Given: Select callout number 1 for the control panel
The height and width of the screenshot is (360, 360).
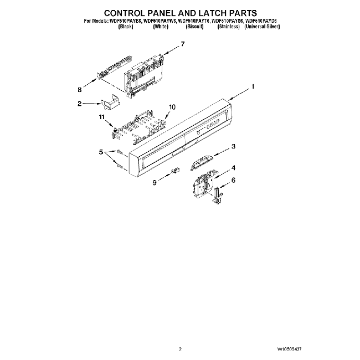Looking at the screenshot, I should pos(253,86).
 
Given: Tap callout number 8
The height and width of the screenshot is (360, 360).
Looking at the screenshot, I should pos(80,89).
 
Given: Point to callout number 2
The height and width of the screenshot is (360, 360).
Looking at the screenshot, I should pos(80,103).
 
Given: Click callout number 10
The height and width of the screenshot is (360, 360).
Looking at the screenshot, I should pos(172,107).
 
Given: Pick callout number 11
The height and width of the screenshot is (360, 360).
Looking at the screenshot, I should pos(101,117).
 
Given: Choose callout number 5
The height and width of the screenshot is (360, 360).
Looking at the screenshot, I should pos(101,152).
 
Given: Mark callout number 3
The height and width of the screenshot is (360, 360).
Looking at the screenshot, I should pos(234,147).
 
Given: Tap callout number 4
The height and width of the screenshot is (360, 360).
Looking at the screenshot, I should pos(234,167).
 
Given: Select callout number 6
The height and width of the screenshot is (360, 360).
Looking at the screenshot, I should pos(234,180).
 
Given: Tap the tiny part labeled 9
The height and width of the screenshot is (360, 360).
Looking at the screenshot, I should pos(177,171).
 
